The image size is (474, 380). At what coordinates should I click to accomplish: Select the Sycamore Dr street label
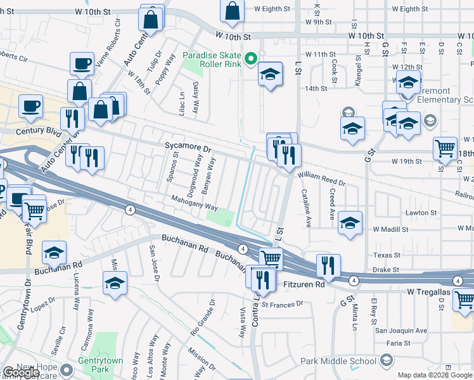pyautogui.click(x=187, y=146)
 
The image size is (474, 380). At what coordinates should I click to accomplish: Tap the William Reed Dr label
pyautogui.click(x=321, y=180)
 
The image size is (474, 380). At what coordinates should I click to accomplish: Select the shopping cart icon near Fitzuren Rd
pyautogui.click(x=271, y=258)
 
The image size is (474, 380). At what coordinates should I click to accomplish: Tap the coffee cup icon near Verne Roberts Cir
pyautogui.click(x=82, y=63)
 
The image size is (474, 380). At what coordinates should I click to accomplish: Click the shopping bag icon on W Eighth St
pyautogui.click(x=233, y=10)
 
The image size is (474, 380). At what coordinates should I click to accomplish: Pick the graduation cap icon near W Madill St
pyautogui.click(x=350, y=223)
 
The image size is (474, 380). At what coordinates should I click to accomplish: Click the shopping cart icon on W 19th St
pyautogui.click(x=445, y=149)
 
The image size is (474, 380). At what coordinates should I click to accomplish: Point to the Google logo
pyautogui.click(x=21, y=372)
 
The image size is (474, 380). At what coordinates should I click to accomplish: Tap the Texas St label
pyautogui.click(x=387, y=255)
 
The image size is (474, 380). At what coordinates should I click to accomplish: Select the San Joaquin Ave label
pyautogui.click(x=400, y=330)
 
